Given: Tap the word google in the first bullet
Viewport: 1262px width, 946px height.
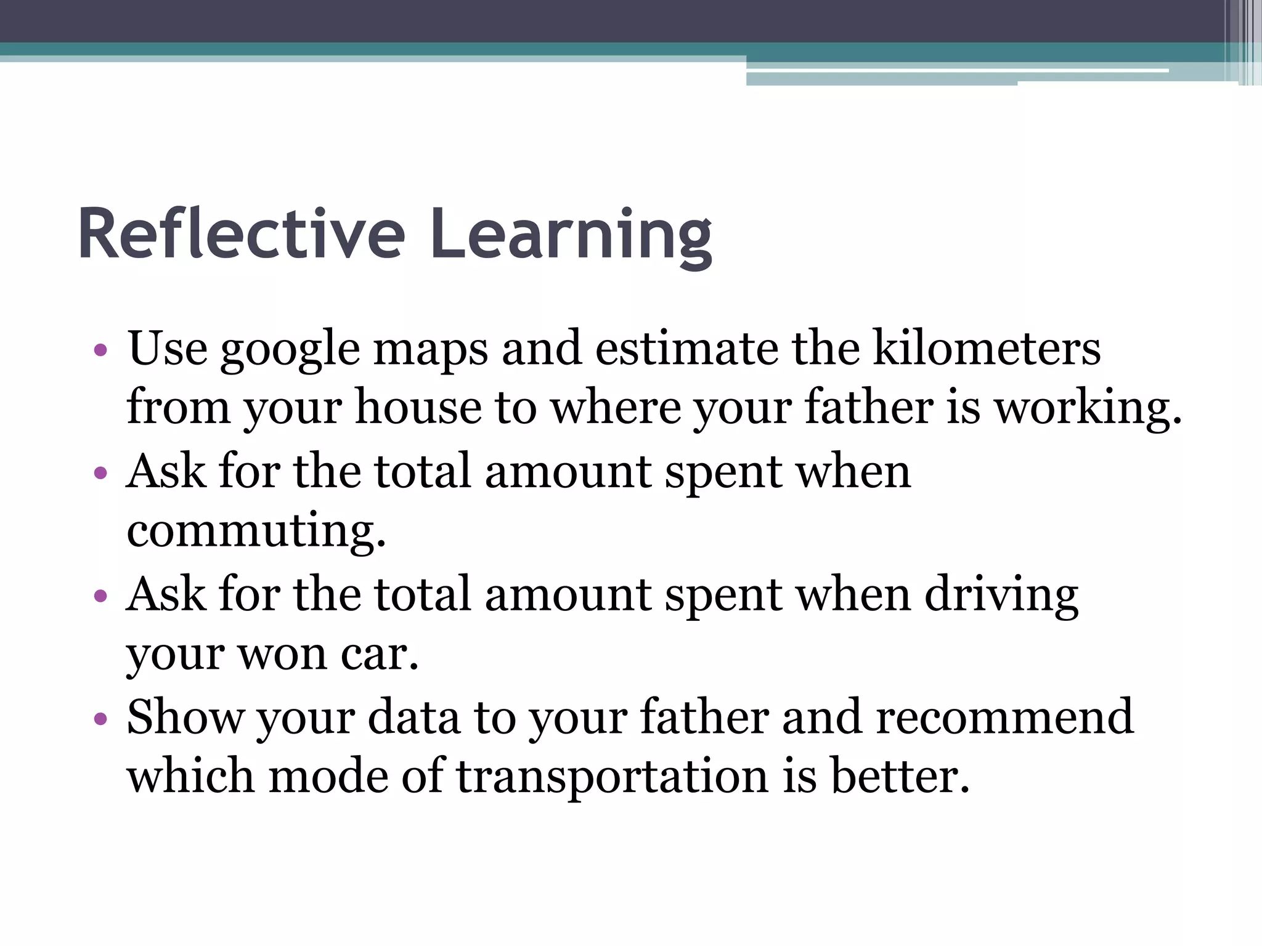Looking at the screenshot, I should [290, 350].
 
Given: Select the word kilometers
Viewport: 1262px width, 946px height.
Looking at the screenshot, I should [987, 349].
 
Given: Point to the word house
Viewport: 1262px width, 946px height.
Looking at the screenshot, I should [418, 408].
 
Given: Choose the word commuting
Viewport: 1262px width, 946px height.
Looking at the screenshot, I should [256, 531].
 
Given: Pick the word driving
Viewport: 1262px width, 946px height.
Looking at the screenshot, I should [1001, 595].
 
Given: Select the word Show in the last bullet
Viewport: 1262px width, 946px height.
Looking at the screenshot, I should [185, 717].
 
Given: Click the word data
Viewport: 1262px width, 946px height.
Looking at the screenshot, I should [413, 717].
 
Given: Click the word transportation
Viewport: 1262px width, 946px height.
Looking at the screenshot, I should [612, 777].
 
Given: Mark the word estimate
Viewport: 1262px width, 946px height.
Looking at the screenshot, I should [686, 349].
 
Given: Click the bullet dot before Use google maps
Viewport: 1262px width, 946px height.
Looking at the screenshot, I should [101, 351].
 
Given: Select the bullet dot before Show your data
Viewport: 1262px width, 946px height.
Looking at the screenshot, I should [101, 719].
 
